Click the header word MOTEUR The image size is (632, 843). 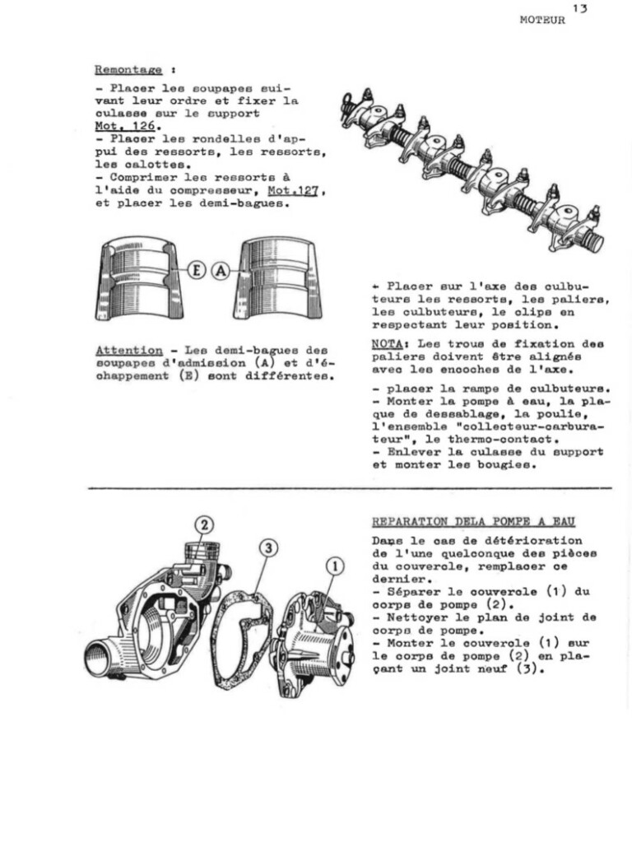(x=542, y=21)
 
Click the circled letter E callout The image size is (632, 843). (x=197, y=269)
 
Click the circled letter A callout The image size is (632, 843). (x=220, y=269)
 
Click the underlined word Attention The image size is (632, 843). (x=128, y=351)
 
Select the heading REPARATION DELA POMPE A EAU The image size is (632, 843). (x=473, y=521)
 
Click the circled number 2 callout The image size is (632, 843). (x=203, y=524)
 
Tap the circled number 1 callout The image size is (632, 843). (x=334, y=566)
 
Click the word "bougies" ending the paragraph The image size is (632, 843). (x=513, y=464)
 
